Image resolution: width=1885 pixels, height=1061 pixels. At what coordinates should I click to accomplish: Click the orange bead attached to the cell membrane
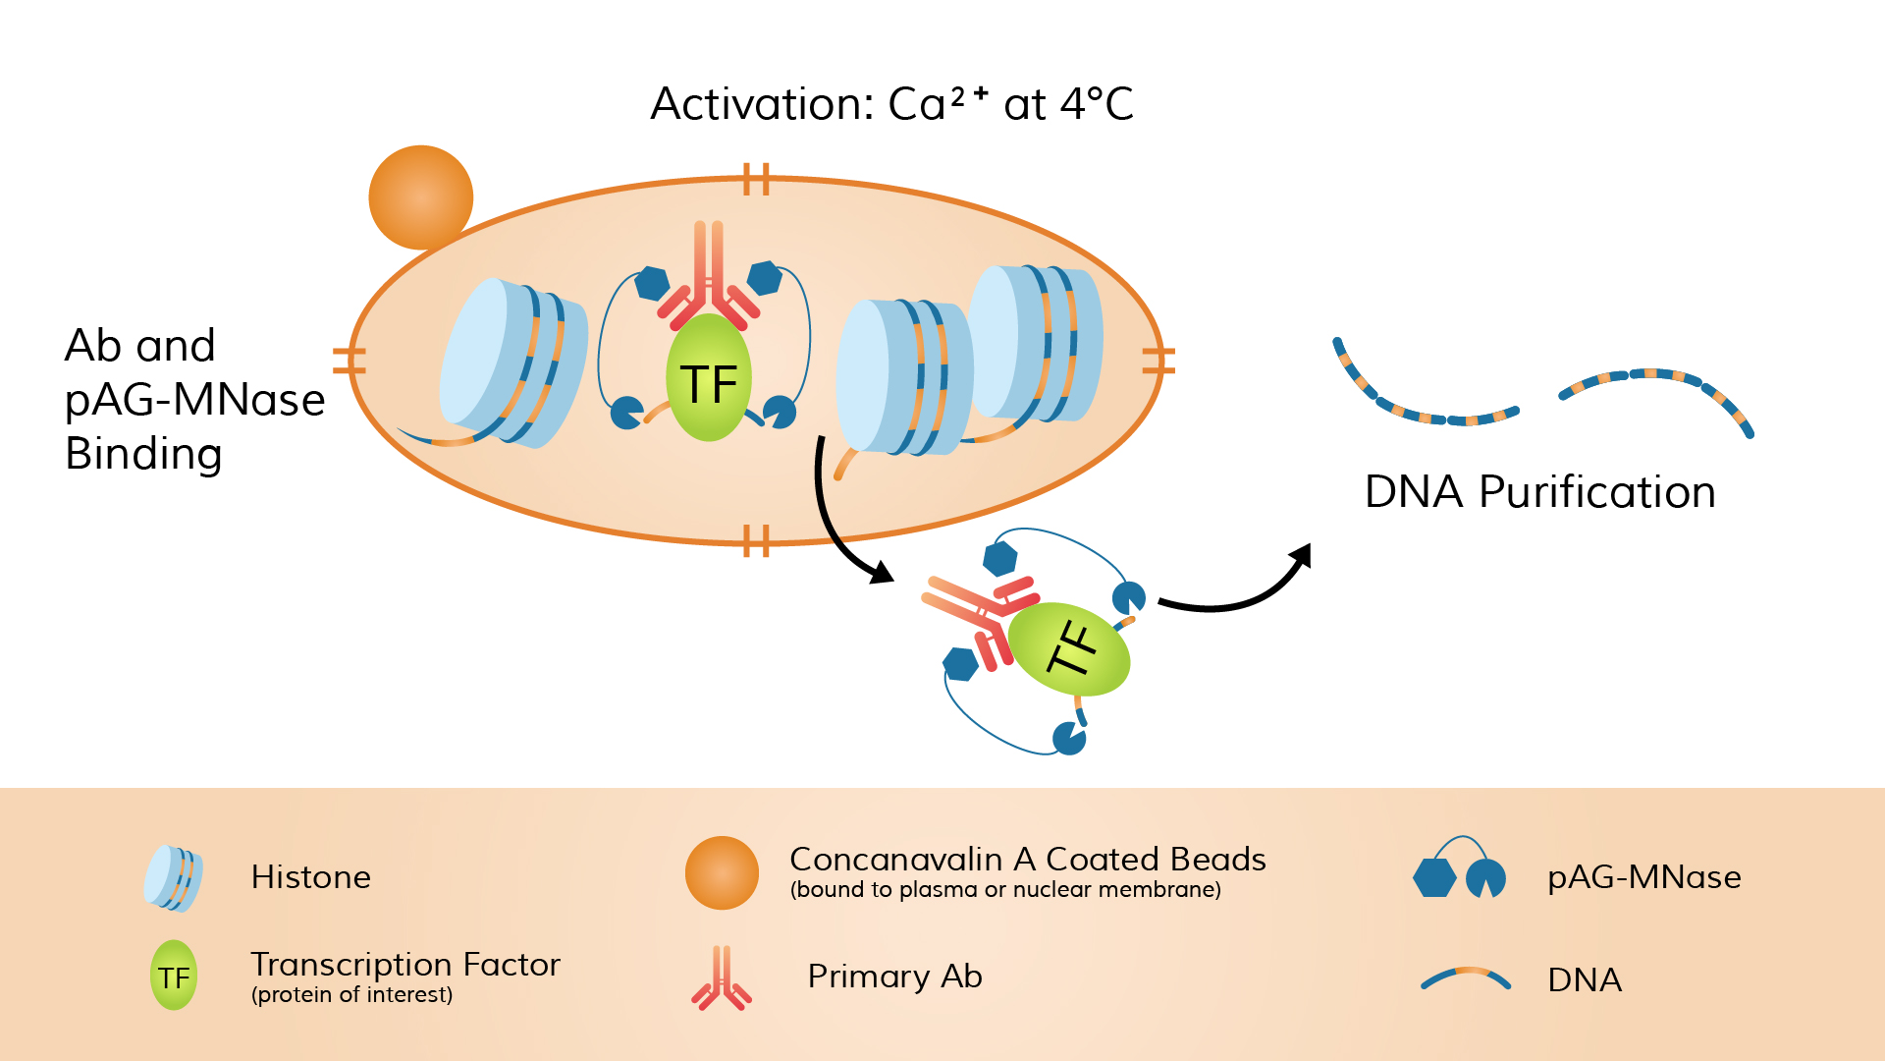point(421,197)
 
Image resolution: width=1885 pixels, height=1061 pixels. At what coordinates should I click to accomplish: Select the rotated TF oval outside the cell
point(1070,649)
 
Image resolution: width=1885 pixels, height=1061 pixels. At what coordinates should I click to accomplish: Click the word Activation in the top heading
point(761,104)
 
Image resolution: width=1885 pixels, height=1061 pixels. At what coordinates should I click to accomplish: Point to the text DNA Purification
point(1539,492)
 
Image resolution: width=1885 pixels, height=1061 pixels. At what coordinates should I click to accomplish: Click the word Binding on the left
point(143,454)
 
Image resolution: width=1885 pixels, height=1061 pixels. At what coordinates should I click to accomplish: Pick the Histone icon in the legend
point(174,877)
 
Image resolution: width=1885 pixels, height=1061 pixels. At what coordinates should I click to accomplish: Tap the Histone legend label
point(310,877)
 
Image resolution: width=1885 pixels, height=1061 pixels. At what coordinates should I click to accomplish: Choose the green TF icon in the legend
point(174,976)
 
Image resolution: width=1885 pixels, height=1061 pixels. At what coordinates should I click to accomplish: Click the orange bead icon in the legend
point(722,872)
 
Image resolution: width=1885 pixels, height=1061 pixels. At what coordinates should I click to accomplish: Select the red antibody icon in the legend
point(722,978)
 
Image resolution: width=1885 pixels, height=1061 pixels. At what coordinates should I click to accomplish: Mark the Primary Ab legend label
point(894,977)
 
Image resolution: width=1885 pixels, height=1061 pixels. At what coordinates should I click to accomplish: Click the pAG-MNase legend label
point(1643,877)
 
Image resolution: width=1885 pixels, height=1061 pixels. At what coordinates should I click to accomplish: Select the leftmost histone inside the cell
point(512,363)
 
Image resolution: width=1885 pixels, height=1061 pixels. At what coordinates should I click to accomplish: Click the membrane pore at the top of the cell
point(756,180)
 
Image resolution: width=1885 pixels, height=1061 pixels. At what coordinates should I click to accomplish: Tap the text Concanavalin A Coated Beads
point(1027,860)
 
